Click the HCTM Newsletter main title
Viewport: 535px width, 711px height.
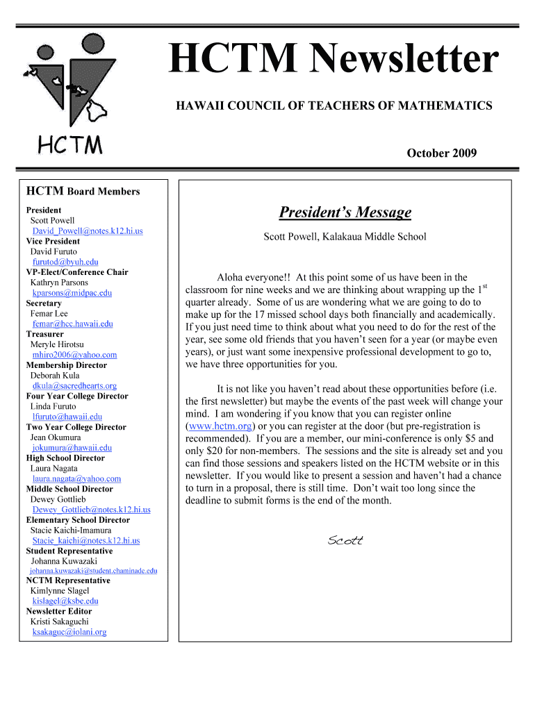pos(334,60)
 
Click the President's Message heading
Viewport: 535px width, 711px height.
pos(345,212)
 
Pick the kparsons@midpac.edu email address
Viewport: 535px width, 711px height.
pos(72,293)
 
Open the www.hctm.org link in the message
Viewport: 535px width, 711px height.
pos(220,426)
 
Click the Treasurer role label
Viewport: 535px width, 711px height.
pos(45,334)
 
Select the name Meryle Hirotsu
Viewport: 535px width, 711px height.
pos(57,344)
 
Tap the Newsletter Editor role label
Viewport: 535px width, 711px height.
pos(59,612)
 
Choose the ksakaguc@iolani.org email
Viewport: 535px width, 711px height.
pos(69,632)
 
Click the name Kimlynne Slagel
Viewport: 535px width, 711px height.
pos(60,591)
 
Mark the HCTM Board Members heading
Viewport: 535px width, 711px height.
pos(83,192)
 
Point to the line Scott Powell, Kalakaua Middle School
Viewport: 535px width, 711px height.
pos(345,237)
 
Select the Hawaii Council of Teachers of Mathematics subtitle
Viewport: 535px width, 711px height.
pos(334,106)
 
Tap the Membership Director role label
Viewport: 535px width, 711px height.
pos(67,365)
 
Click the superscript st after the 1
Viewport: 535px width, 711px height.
pos(485,286)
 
